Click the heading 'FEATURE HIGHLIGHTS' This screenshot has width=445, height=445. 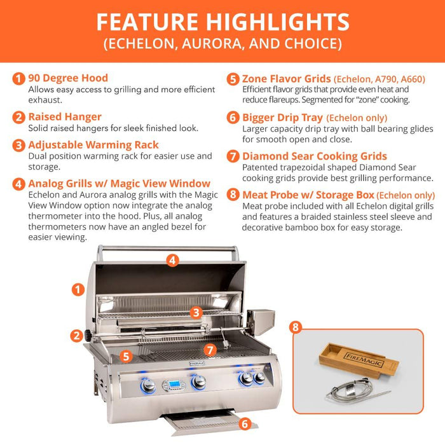pos(222,22)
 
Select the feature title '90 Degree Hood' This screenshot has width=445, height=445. pos(68,78)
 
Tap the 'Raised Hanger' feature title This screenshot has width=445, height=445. pos(64,117)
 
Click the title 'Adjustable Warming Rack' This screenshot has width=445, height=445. pos(93,145)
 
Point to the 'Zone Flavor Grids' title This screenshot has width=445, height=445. pos(287,79)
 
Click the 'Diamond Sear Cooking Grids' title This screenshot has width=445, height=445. pos(314,156)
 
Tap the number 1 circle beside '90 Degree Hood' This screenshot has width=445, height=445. pos(19,79)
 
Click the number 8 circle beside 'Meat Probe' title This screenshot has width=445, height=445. pos(233,195)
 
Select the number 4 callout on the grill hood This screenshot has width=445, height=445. pos(172,259)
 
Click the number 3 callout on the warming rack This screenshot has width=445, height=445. pos(196,312)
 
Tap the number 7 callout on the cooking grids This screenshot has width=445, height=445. pos(210,349)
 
